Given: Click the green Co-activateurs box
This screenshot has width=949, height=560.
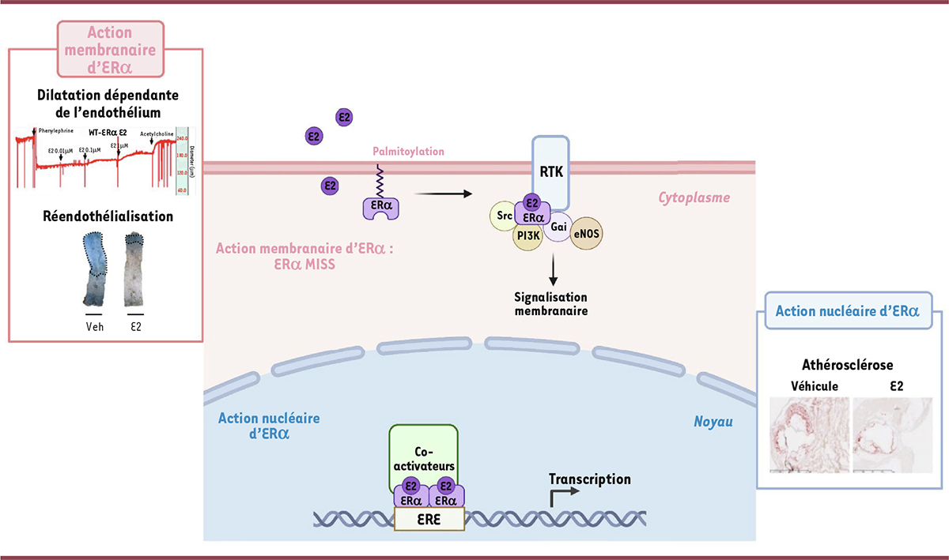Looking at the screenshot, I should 423,451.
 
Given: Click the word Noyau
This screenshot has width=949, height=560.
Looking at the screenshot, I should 714,423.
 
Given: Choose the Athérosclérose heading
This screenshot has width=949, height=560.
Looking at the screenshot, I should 842,366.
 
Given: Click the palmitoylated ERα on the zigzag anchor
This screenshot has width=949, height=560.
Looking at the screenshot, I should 380,207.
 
